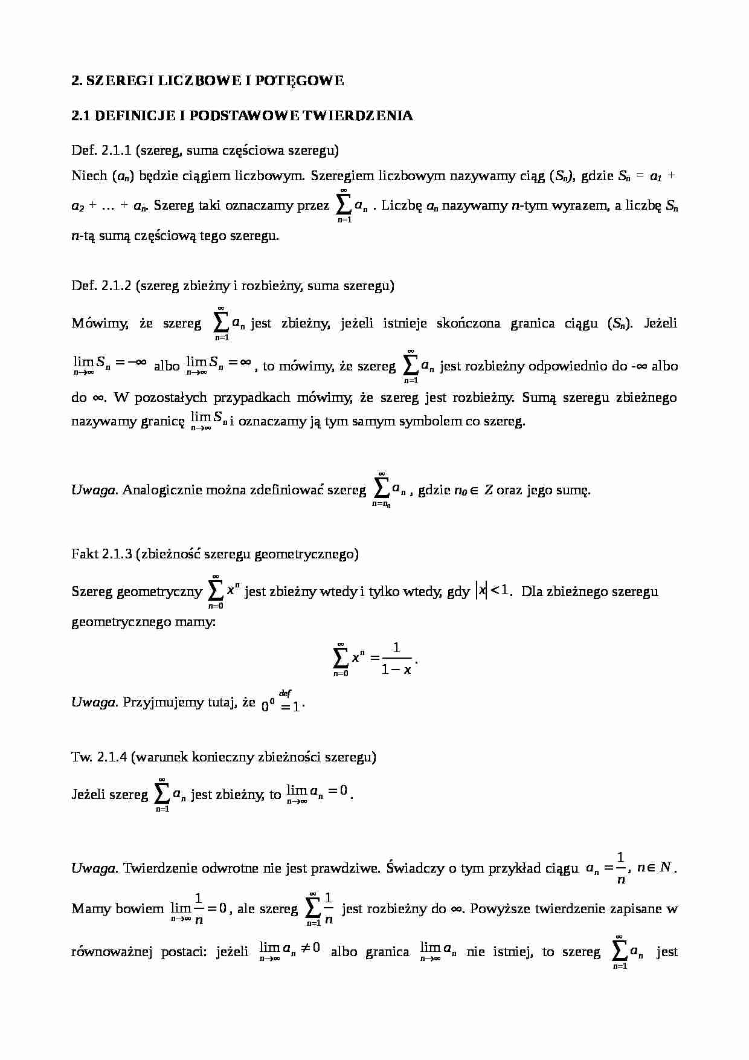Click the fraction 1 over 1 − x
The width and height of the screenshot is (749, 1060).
[396, 659]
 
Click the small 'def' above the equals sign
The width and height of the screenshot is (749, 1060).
[286, 694]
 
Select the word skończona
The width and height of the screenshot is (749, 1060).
[465, 323]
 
